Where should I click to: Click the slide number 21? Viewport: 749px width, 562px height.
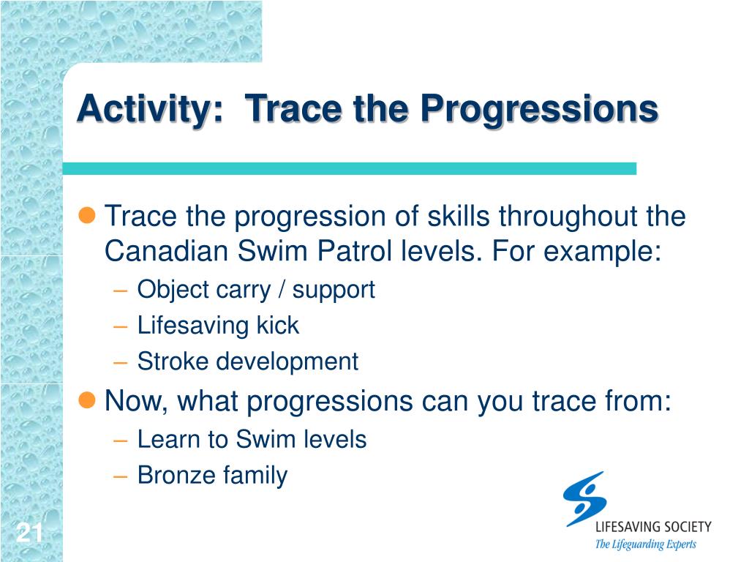[29, 533]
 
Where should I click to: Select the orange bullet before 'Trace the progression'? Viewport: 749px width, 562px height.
[87, 215]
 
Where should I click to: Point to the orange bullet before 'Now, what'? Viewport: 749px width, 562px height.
[87, 400]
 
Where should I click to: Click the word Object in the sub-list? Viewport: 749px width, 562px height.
[173, 291]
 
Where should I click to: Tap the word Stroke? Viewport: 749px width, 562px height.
[173, 361]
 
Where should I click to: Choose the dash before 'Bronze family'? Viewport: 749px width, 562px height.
[121, 476]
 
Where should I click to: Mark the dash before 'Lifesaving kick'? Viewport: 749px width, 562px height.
[121, 327]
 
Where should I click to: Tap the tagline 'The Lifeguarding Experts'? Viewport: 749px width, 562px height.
[645, 544]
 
